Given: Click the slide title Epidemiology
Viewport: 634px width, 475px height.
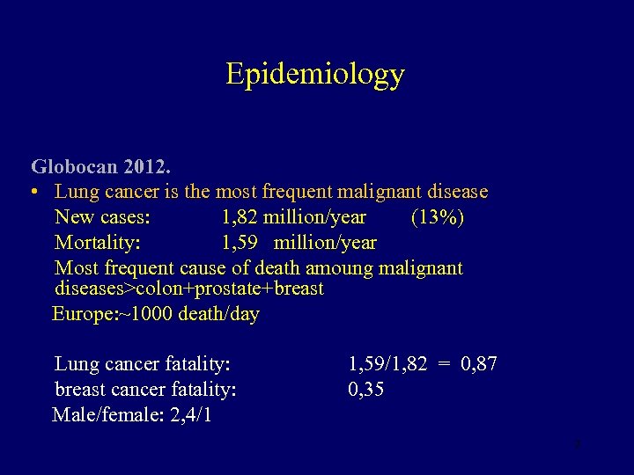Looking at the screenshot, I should [x=314, y=74].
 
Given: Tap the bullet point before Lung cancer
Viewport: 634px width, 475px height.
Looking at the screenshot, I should [x=33, y=192].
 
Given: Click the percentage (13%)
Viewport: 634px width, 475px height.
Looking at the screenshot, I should [x=438, y=217].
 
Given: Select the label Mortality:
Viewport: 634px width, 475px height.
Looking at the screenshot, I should [x=98, y=243].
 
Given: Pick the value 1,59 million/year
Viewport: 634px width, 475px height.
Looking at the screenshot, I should [x=299, y=243].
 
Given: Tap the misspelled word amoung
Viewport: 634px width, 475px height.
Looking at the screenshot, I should [x=339, y=268].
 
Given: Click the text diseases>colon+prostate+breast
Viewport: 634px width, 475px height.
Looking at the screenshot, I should [x=189, y=289].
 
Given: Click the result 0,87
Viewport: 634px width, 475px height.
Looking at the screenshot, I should [x=479, y=363].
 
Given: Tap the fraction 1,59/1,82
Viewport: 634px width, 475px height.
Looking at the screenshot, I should [x=387, y=363].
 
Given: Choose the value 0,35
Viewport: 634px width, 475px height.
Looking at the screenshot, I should [x=366, y=389].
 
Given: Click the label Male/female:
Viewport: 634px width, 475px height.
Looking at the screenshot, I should [x=99, y=414].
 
